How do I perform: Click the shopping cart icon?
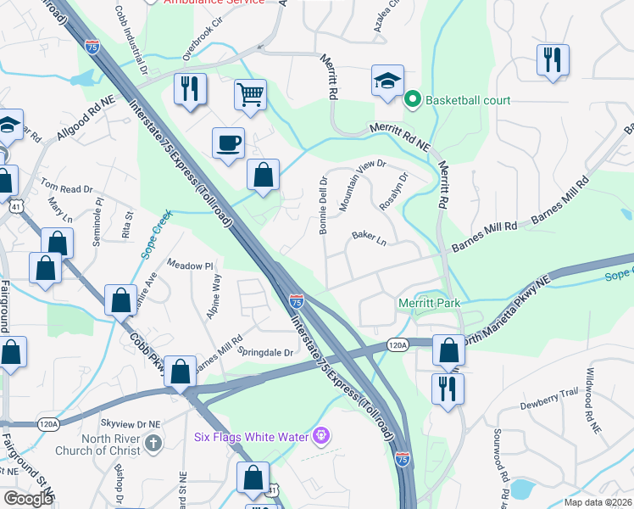(x=249, y=97)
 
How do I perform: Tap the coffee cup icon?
(x=228, y=142)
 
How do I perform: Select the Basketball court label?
(x=468, y=100)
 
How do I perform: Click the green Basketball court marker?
(x=413, y=100)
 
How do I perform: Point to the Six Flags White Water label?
(x=249, y=437)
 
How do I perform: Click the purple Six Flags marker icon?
(x=320, y=437)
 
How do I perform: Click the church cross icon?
(x=153, y=443)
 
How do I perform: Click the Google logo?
(x=28, y=499)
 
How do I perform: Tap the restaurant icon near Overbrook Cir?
(x=188, y=89)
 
